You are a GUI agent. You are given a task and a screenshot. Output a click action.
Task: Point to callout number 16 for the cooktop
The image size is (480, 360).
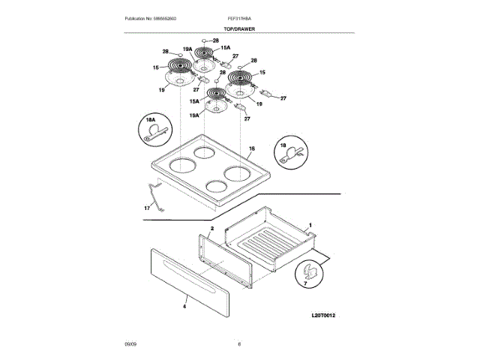tap(272, 151)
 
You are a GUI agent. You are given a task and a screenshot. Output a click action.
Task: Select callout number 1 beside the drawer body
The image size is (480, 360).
tap(310, 225)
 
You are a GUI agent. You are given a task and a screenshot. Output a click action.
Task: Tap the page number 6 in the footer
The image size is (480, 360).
tap(238, 343)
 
